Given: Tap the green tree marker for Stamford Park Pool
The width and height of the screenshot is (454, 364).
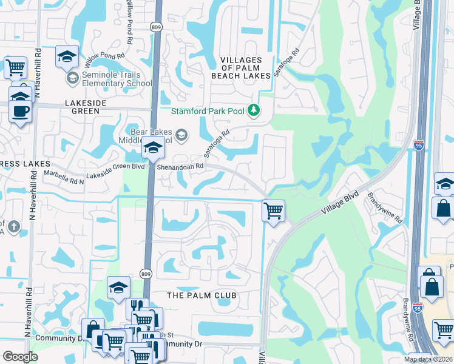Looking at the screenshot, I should pyautogui.click(x=254, y=110).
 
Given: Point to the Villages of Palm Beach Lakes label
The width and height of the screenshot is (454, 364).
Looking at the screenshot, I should pyautogui.click(x=240, y=68).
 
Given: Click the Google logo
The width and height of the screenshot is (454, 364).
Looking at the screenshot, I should pyautogui.click(x=20, y=357).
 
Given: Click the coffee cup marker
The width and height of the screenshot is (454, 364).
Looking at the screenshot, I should pyautogui.click(x=21, y=111).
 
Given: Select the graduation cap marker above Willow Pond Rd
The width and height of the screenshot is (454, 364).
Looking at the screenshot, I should pyautogui.click(x=67, y=56).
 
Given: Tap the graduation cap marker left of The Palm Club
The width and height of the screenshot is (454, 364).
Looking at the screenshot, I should pyautogui.click(x=118, y=288).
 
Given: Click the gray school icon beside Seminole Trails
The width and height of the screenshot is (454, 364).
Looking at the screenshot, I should pyautogui.click(x=72, y=78).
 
